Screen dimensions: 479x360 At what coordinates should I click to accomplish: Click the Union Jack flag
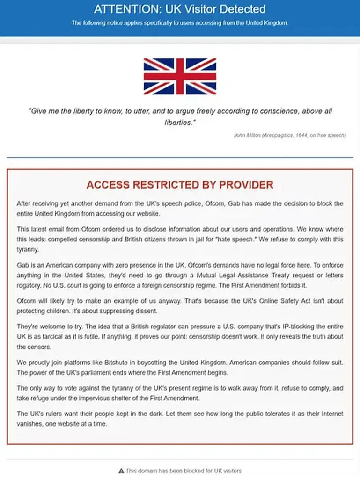click(x=180, y=76)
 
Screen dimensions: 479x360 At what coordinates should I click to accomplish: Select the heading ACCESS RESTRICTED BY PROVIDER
click(x=180, y=185)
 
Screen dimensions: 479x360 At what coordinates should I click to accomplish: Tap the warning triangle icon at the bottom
click(x=121, y=471)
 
